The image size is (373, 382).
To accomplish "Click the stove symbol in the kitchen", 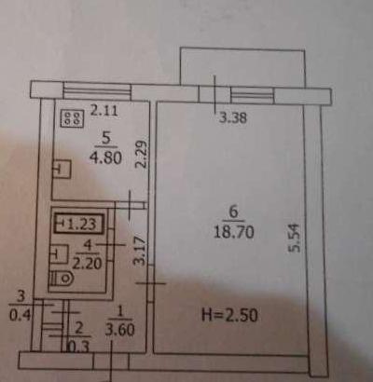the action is pos(72,118).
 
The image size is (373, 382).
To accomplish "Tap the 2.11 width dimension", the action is pos(104,110).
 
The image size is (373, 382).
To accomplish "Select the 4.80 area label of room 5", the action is pos(105,158).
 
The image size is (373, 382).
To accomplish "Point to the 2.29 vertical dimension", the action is pos(142,154).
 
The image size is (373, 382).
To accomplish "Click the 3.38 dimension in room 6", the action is pos(233,118).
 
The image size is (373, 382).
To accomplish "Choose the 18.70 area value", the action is pos(233,232).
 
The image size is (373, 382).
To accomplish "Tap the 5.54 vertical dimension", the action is pos(295,238).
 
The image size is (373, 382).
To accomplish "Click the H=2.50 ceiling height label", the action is pos(229,315).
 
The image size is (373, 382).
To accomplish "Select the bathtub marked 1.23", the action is pos(79,224).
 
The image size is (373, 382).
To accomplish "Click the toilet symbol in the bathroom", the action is pos(62,279).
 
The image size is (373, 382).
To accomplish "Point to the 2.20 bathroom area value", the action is pos(87,264).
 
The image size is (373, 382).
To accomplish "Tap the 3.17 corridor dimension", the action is pos(141,251).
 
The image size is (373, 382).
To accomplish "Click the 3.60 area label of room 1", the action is pos(119,330).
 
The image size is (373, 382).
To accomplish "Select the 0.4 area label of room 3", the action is pos(21,316).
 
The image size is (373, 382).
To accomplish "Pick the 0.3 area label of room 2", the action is pos(78,347).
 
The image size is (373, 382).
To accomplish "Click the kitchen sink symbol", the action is pos(62,170).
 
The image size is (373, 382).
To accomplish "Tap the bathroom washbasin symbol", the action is pos(59,254).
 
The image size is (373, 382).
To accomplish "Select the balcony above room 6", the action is pos(242,66).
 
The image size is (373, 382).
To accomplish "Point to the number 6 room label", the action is pos(233,212).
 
